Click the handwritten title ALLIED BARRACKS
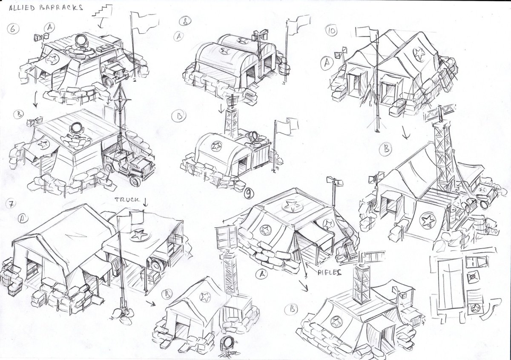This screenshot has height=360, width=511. coord(46,8)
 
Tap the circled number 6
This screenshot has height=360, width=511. coord(13,29)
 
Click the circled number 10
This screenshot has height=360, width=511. coord(331,31)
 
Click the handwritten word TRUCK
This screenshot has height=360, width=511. coord(126,200)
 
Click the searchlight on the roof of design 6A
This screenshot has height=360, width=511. coord(81,41)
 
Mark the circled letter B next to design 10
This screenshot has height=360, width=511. coord(386,149)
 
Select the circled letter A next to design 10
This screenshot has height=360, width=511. coord(327,63)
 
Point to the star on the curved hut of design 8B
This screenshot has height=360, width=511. coord(216,146)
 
